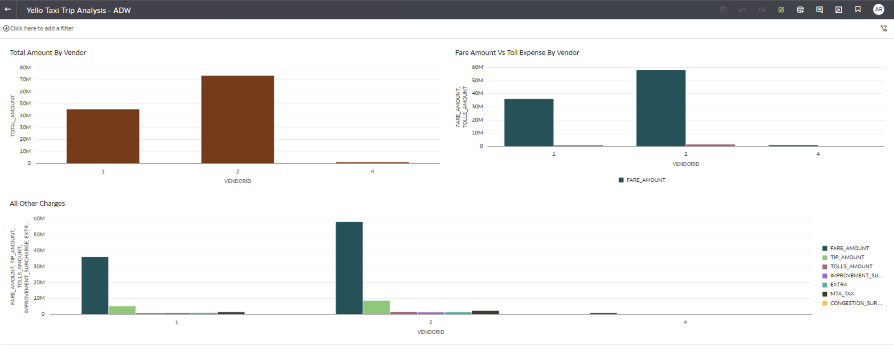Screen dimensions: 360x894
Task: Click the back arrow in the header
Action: [x=8, y=10]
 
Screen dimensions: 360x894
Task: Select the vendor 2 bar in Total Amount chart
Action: [x=237, y=119]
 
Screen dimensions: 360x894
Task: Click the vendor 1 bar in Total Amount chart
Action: [x=103, y=137]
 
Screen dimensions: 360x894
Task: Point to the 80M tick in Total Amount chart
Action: [x=25, y=68]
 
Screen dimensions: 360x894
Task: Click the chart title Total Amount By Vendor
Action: [x=48, y=53]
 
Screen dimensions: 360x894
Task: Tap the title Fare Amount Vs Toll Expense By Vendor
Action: [x=517, y=53]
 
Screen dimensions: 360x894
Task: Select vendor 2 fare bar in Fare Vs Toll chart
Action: [x=661, y=108]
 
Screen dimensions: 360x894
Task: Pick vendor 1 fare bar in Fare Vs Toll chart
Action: [x=529, y=123]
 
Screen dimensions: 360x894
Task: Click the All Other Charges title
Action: [x=37, y=204]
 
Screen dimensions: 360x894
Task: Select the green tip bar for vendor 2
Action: [x=377, y=308]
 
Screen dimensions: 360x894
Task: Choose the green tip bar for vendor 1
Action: [x=122, y=310]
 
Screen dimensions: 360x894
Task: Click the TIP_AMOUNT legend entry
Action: [x=847, y=258]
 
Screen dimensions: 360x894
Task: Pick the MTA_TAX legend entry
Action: [x=842, y=294]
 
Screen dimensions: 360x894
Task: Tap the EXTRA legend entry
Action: [x=839, y=285]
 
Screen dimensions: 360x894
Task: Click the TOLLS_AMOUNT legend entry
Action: [x=851, y=267]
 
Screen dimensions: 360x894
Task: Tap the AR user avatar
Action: [x=879, y=10]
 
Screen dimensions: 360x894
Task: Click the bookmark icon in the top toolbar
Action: [x=858, y=10]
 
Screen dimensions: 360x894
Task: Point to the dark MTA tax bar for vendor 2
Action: [x=485, y=313]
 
